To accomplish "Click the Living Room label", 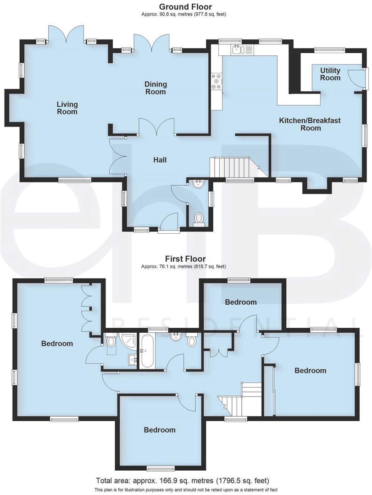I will [x=67, y=108].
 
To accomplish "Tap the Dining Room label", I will [x=155, y=88].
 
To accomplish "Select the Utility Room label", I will [x=330, y=74].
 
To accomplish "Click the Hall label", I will [x=160, y=160].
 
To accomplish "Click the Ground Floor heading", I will [x=185, y=7].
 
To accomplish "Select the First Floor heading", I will [x=186, y=259].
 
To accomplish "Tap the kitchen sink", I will [x=237, y=49].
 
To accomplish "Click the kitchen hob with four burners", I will [x=216, y=82].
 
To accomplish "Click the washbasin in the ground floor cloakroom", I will [x=199, y=184].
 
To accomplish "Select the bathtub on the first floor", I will [x=147, y=351].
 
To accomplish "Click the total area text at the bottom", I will [x=183, y=481].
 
